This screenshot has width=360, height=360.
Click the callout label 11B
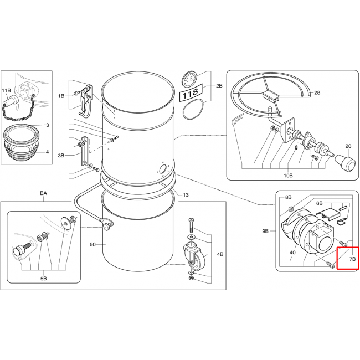pos(6,91)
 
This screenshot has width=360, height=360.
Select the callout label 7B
pos(352,259)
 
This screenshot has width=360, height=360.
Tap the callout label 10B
pos(288,176)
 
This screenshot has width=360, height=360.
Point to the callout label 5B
pos(43,279)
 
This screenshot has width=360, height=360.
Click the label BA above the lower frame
pos(43,193)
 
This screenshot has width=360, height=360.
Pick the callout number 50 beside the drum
pos(92,244)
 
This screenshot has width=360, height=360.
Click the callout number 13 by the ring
pos(186,195)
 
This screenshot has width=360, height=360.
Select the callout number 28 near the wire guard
pos(317,92)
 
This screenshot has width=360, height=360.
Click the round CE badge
pos(189,79)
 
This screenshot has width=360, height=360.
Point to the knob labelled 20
pos(346,163)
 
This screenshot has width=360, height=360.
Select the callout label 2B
pos(219,86)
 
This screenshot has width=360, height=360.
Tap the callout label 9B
pos(265,231)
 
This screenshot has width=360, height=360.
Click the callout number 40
pos(292,253)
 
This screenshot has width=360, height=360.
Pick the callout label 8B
pos(288,197)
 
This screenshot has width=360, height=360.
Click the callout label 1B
pos(61,96)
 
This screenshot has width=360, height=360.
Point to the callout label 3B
pos(61,156)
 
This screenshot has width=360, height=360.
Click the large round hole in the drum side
pos(163,169)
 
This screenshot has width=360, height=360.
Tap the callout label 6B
pos(320,203)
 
